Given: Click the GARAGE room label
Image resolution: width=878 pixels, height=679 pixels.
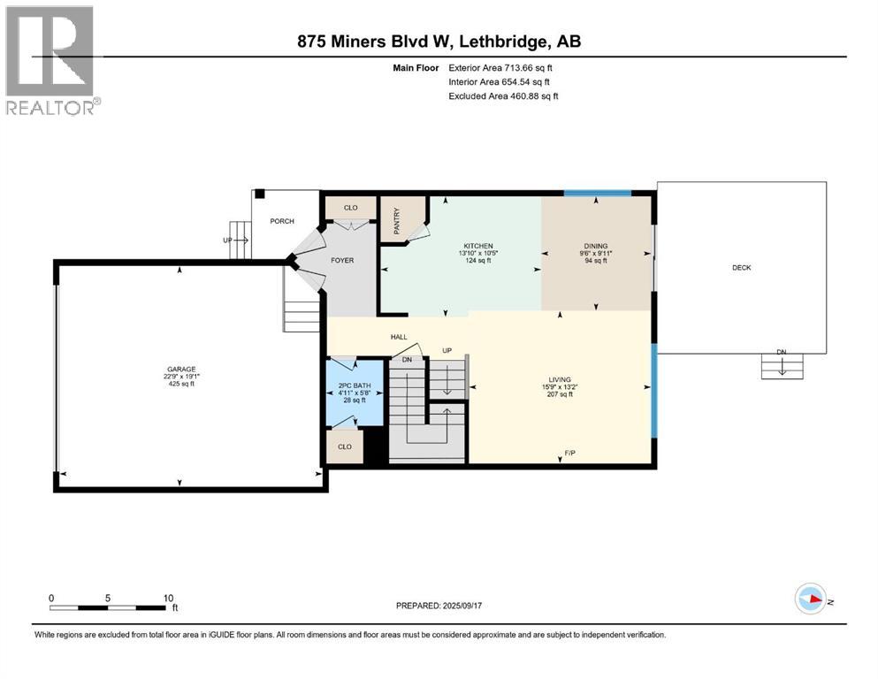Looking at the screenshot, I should tap(181, 370).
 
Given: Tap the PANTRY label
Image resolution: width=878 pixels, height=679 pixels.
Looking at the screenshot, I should tap(397, 217).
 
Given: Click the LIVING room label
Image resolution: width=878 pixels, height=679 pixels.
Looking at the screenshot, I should tap(558, 380).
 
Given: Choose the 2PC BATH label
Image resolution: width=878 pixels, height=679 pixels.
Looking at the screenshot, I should tap(354, 385).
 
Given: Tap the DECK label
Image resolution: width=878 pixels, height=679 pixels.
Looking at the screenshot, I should tap(741, 267).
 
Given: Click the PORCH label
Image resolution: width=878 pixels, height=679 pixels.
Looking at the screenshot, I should tap(282, 221).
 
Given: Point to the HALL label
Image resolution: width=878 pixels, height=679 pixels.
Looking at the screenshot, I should tap(399, 337).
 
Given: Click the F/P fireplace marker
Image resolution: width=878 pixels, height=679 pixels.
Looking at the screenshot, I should tap(571, 454).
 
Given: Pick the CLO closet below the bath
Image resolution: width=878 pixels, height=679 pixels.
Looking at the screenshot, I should tap(344, 446).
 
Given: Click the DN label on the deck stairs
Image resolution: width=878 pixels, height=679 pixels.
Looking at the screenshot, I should tap(781, 353).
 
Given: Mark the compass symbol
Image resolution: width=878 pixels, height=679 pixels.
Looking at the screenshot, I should tap(810, 599).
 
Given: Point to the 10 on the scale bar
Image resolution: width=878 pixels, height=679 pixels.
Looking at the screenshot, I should tap(167, 598).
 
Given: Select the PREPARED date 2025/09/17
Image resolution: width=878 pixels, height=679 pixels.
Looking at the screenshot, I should tap(443, 606).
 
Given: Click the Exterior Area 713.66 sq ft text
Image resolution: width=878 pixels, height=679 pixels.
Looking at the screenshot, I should tap(503, 67).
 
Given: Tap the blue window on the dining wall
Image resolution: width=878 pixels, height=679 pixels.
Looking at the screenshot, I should tap(597, 193).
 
